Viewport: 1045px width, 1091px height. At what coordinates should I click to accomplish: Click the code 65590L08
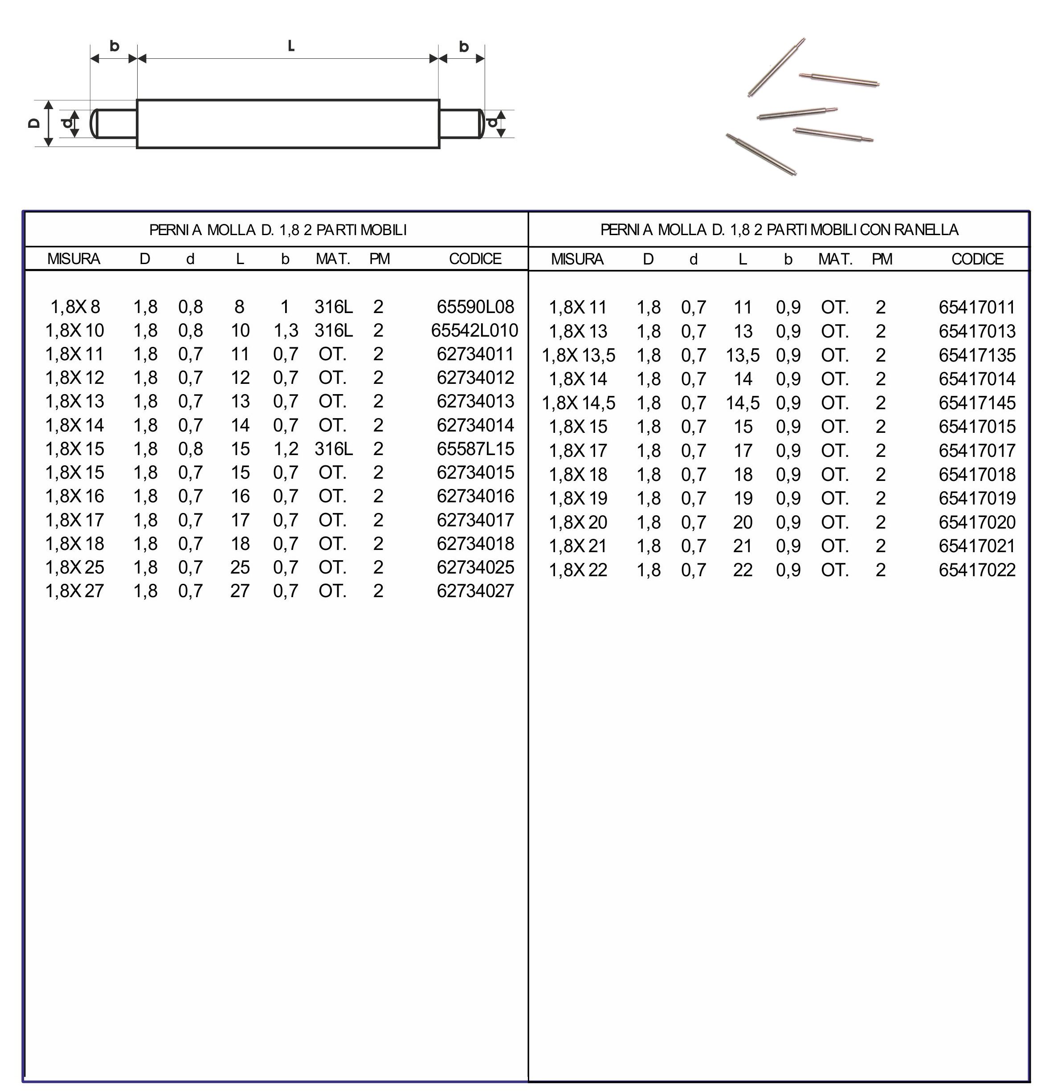coord(475,307)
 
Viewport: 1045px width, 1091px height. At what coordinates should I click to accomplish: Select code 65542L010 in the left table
coord(474,330)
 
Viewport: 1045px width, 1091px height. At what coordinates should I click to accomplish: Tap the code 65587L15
coord(475,449)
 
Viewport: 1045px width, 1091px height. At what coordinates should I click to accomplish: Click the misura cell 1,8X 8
coord(75,307)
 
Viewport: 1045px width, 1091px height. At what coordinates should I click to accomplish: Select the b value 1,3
coord(286,330)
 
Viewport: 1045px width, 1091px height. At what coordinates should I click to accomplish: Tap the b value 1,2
coord(286,449)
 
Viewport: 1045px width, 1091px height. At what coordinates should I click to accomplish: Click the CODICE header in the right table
coord(977,259)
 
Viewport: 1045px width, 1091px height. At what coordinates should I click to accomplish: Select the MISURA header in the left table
coord(73,259)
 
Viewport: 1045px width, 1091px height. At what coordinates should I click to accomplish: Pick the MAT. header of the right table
coord(835,259)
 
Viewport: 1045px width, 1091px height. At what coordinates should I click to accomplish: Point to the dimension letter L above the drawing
coord(290,46)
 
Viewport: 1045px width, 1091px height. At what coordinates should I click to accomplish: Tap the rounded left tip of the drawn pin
coord(94,123)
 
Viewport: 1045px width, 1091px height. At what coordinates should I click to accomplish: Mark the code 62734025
coord(475,567)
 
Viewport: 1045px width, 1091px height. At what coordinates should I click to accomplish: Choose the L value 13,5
coord(742,355)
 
